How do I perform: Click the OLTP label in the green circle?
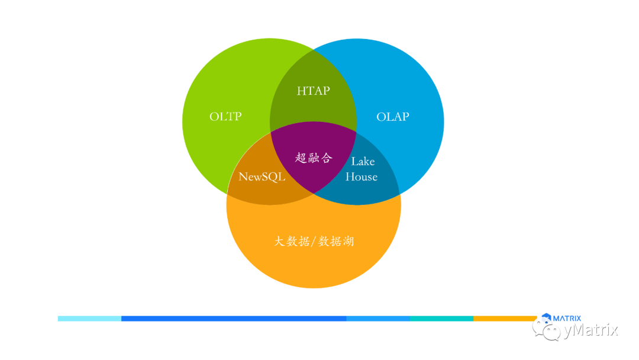pyautogui.click(x=225, y=117)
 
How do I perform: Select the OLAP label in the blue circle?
pyautogui.click(x=393, y=117)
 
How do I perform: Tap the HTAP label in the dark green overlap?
pyautogui.click(x=313, y=91)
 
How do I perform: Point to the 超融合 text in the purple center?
pyautogui.click(x=314, y=158)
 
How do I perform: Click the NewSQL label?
pyautogui.click(x=262, y=176)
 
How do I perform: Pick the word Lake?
pyautogui.click(x=363, y=161)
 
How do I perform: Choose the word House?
pyautogui.click(x=362, y=176)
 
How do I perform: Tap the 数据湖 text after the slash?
pyautogui.click(x=336, y=242)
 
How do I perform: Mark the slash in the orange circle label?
pyautogui.click(x=314, y=242)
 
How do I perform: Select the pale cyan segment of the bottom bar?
pyautogui.click(x=89, y=319)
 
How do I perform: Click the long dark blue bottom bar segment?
pyautogui.click(x=234, y=319)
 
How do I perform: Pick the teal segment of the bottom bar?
pyautogui.click(x=441, y=319)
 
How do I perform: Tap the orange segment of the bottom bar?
pyautogui.click(x=503, y=319)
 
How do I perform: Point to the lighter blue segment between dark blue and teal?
pyautogui.click(x=378, y=319)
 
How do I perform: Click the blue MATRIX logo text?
pyautogui.click(x=567, y=319)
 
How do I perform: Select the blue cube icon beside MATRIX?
pyautogui.click(x=546, y=319)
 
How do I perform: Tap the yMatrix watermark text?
pyautogui.click(x=590, y=330)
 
